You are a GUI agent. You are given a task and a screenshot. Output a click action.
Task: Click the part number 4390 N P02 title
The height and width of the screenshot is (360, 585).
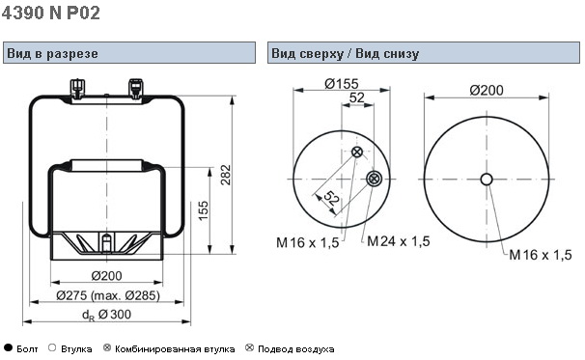(x=51, y=13)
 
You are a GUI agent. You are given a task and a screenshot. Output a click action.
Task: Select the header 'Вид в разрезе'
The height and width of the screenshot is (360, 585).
(x=52, y=53)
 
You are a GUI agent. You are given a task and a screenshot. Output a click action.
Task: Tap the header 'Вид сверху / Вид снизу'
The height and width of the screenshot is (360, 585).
(x=345, y=53)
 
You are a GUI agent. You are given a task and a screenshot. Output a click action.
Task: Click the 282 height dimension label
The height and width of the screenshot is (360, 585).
(x=226, y=175)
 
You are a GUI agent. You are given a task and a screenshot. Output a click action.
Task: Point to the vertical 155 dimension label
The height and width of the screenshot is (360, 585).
(x=204, y=210)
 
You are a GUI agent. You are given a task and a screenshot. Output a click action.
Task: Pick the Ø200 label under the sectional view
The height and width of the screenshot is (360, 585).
(x=107, y=276)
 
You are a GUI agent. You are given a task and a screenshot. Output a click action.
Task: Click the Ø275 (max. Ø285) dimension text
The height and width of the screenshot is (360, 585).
(x=108, y=295)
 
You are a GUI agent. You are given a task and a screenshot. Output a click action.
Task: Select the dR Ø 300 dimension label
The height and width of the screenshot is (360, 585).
(x=107, y=315)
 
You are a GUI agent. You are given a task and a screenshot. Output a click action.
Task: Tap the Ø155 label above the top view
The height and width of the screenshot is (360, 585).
(x=342, y=84)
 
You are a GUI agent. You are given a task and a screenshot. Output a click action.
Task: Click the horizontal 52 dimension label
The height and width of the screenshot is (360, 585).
(x=356, y=97)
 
